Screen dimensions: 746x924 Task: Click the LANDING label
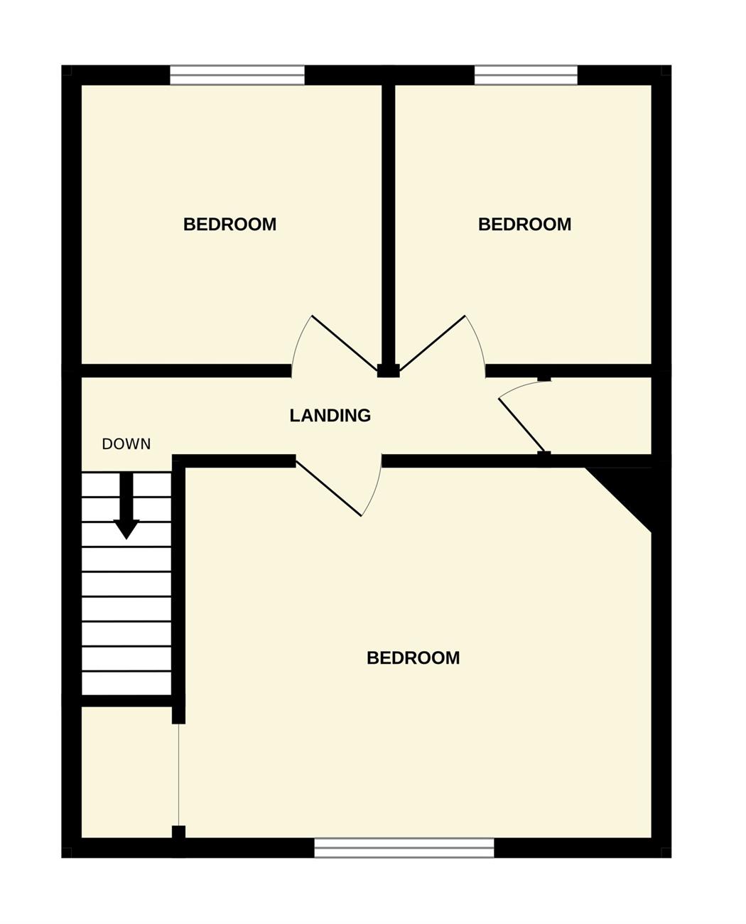[x=330, y=415]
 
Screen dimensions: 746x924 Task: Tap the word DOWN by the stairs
[x=126, y=444]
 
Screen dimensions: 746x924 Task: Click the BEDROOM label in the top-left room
[x=229, y=225]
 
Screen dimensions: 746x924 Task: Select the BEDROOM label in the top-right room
[x=524, y=225]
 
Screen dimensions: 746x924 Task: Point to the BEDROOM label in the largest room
[x=413, y=657]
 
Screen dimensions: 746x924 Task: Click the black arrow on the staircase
[x=126, y=505]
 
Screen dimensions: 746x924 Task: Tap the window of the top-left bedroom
[x=237, y=75]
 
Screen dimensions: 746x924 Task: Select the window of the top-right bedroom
[x=526, y=75]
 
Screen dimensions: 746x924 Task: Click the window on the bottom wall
[x=404, y=847]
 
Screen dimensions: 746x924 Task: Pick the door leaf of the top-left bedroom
[x=344, y=343]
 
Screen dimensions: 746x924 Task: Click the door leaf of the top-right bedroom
[x=432, y=343]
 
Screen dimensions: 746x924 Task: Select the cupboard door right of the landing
[x=522, y=426]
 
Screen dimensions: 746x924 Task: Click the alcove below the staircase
[x=129, y=772]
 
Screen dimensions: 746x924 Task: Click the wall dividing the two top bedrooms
[x=389, y=225]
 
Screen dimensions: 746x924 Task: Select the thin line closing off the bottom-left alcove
[x=178, y=775]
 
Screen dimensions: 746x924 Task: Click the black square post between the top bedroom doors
[x=389, y=371]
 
